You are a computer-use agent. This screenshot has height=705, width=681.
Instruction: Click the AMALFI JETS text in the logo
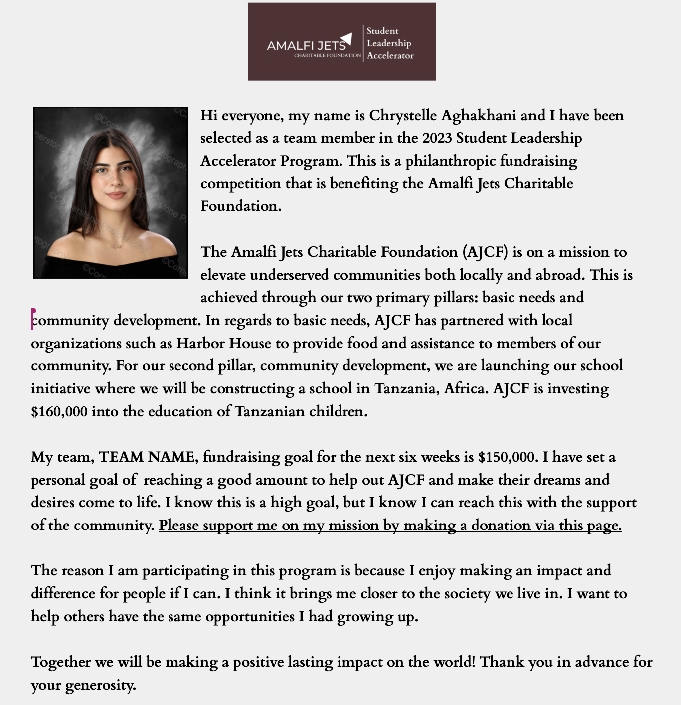[306, 46]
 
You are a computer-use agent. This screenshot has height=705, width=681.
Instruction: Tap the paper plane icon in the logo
[347, 38]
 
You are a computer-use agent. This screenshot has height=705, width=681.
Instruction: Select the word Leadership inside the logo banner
[389, 43]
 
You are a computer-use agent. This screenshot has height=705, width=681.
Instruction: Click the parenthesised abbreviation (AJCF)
[485, 252]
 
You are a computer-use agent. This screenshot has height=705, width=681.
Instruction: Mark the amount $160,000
[59, 412]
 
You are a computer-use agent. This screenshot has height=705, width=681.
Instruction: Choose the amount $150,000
[508, 457]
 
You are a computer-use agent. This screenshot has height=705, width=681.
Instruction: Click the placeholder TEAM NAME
[147, 457]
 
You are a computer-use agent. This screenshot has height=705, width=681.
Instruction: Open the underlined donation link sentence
[390, 526]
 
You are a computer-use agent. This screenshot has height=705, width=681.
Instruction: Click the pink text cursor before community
[32, 319]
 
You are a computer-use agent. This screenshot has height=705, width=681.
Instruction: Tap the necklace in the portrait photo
[116, 246]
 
